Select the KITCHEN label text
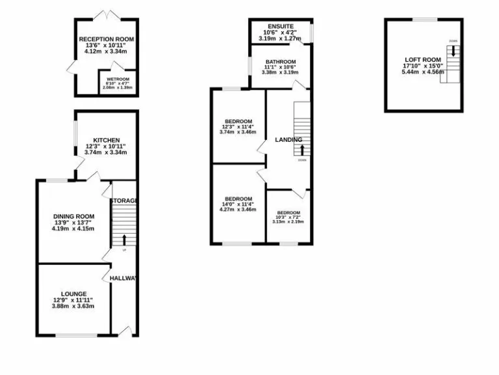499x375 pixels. (x=106, y=140)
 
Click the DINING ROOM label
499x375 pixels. (x=74, y=216)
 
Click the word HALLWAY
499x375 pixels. (x=123, y=279)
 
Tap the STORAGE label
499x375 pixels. (x=123, y=201)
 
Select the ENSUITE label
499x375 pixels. (x=280, y=26)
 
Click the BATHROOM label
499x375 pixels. (x=280, y=62)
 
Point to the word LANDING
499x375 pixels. (x=288, y=139)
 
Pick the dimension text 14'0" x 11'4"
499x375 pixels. (x=238, y=205)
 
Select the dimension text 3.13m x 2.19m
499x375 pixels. (x=288, y=222)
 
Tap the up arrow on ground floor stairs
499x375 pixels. (x=124, y=240)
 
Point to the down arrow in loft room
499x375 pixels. (x=452, y=51)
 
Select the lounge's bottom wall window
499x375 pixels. (x=73, y=335)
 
